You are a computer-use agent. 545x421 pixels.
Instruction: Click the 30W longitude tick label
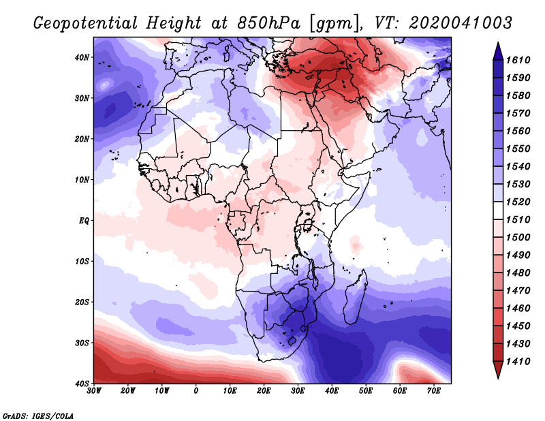[94, 391]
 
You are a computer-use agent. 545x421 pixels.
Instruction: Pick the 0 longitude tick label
[196, 391]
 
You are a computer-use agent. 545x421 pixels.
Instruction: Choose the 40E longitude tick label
[332, 391]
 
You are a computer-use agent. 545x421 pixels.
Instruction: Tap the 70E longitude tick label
[434, 391]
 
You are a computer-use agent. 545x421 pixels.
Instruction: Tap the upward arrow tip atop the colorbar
[497, 45]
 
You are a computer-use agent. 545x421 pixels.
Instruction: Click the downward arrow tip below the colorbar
[497, 375]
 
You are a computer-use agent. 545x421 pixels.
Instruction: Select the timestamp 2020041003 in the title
[460, 22]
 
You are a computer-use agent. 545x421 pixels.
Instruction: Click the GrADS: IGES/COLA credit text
[38, 415]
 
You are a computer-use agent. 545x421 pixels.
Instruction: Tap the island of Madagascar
[354, 303]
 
